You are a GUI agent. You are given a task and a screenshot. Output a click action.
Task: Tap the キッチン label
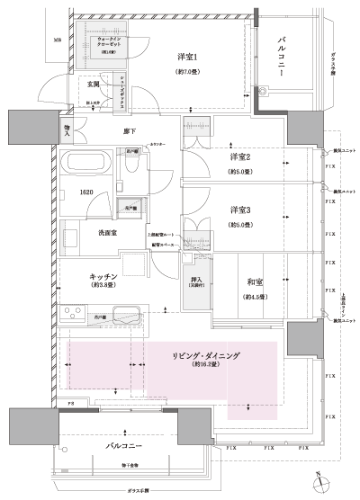tap(106, 278)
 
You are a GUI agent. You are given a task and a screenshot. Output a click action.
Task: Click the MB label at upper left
tap(57, 40)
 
